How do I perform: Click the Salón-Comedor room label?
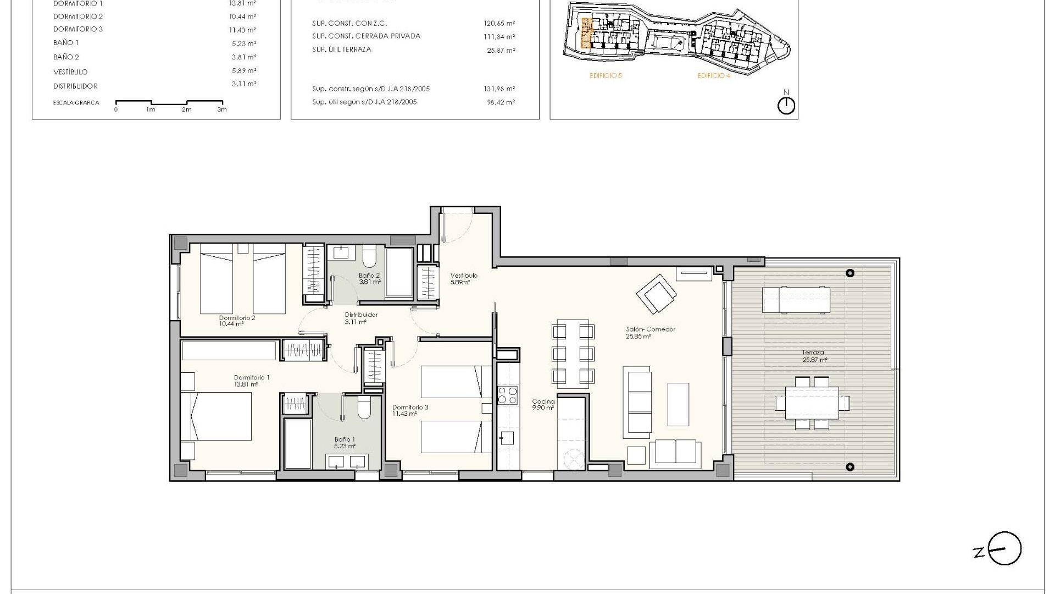(x=650, y=332)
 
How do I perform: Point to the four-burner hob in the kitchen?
(x=507, y=395)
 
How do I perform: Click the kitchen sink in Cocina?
(x=507, y=438)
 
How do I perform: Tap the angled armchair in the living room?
(x=657, y=293)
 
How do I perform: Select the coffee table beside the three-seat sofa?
(x=678, y=404)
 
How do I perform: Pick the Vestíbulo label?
(x=463, y=278)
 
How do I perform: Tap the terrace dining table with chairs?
(x=812, y=403)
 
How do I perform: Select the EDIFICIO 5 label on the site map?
(x=605, y=76)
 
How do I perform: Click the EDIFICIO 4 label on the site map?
(x=713, y=76)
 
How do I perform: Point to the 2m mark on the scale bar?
(x=187, y=109)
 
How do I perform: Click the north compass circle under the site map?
(x=786, y=106)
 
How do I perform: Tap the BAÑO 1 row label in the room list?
(x=66, y=43)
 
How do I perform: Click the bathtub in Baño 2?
(x=399, y=273)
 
